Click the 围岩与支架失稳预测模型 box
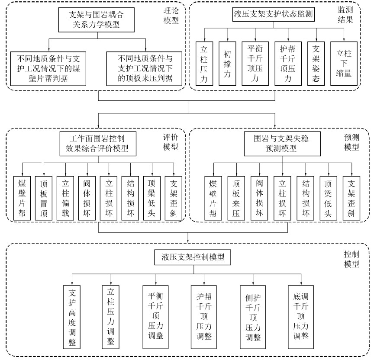click(281, 144)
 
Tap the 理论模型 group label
click(171, 16)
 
